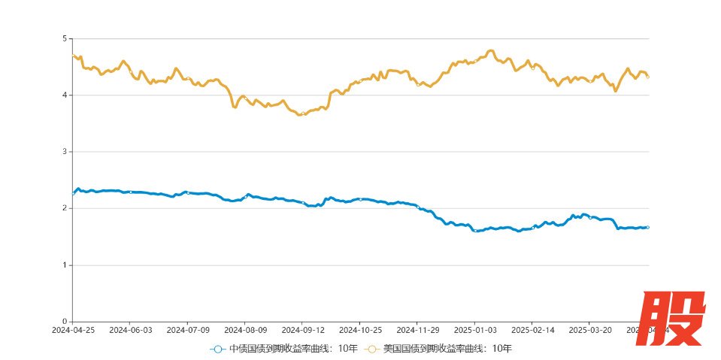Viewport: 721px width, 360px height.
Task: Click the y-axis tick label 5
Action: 64,38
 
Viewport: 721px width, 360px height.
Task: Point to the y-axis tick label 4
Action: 64,95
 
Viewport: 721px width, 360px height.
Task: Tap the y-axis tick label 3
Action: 64,152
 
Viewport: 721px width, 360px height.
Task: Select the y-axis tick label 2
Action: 64,208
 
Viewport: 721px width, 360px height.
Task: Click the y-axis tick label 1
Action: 64,265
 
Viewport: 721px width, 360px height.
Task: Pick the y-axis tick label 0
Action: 64,322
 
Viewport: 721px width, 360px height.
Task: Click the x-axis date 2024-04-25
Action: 73,329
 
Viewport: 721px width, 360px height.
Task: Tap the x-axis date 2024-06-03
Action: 130,329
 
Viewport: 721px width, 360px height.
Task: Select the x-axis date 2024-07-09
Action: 187,329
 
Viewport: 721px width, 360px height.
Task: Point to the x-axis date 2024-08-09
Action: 245,329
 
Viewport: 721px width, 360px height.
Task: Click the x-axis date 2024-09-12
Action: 303,329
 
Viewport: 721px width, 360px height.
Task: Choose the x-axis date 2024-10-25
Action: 360,329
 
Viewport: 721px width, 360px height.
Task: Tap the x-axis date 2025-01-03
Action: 475,329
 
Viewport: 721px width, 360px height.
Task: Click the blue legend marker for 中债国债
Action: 217,349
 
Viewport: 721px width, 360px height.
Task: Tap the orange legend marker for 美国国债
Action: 371,349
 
